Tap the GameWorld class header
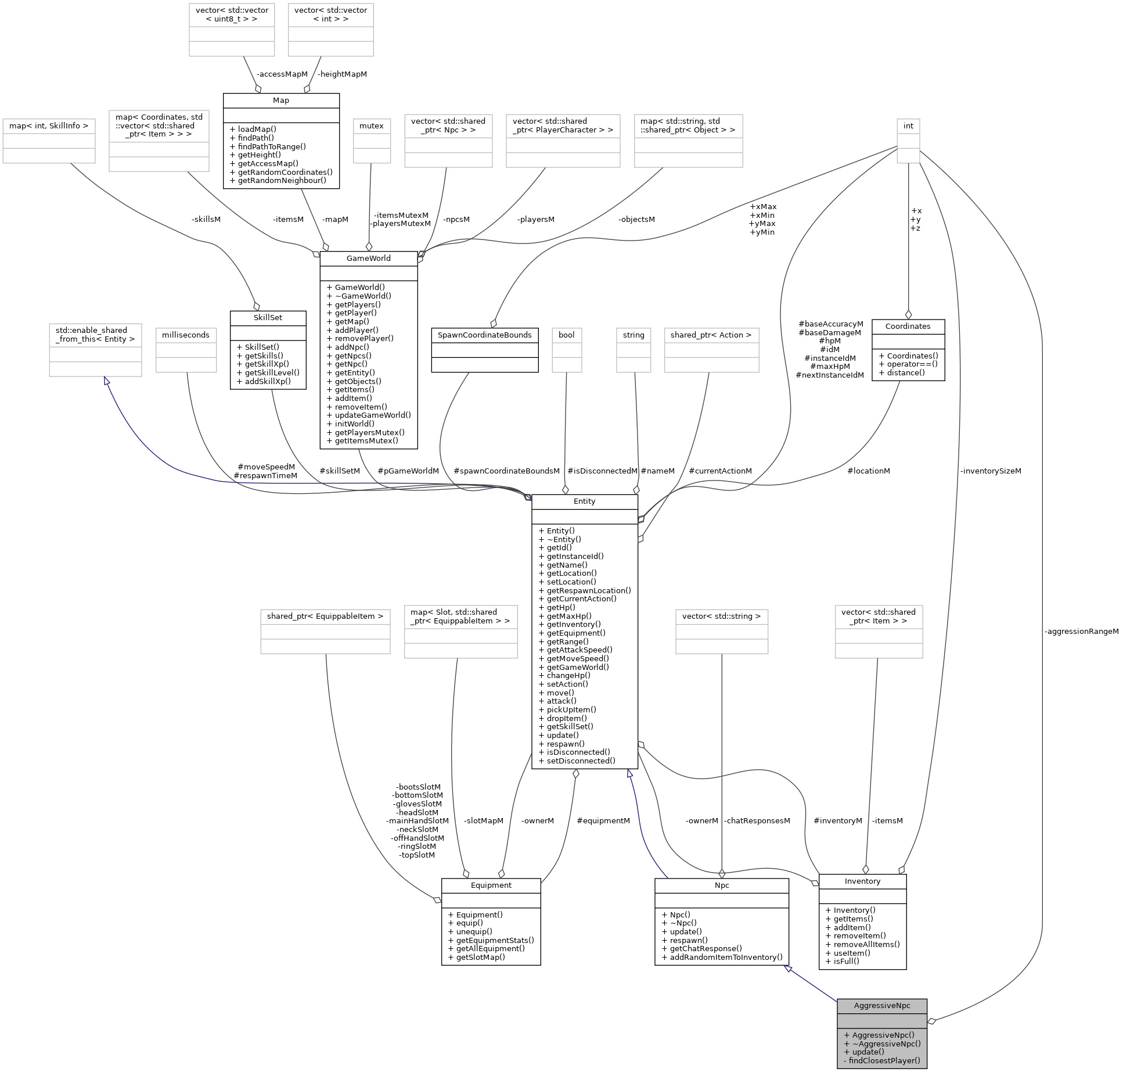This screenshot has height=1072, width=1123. (368, 258)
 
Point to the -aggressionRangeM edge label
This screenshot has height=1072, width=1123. (1081, 632)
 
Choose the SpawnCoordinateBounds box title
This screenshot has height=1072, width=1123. (484, 335)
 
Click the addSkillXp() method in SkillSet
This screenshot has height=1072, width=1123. (267, 381)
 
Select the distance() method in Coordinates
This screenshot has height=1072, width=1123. (905, 372)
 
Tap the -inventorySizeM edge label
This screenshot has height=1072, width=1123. (990, 471)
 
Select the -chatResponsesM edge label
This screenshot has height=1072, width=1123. (757, 821)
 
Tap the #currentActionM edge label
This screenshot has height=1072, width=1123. (720, 471)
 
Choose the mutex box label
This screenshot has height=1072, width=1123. (372, 126)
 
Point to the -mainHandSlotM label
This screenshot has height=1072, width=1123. (417, 821)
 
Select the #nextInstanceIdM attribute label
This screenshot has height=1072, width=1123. (829, 375)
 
